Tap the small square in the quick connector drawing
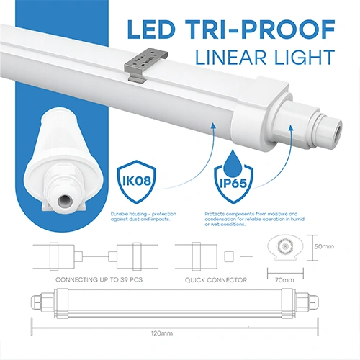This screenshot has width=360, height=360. coord(230,256)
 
